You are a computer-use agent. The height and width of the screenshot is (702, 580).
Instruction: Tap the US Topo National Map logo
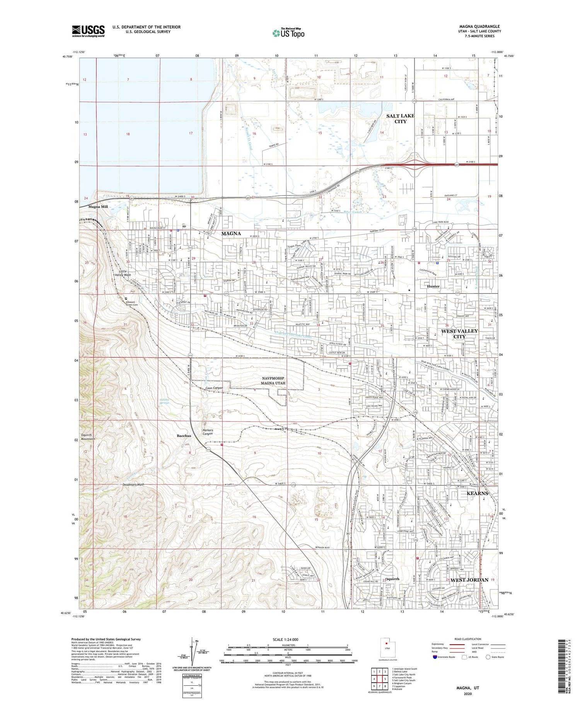(x=288, y=33)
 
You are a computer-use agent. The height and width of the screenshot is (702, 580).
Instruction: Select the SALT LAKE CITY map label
(x=400, y=118)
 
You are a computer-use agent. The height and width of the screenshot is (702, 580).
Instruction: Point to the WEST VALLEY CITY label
(x=459, y=334)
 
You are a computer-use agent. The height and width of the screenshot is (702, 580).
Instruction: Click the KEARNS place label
(x=477, y=493)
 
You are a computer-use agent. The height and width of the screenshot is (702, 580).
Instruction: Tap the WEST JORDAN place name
(x=469, y=580)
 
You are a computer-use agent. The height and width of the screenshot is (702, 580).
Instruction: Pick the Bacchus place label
(x=184, y=436)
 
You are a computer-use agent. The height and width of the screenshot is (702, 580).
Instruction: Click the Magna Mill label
(x=98, y=207)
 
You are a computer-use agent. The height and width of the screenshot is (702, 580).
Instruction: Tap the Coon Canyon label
(x=214, y=388)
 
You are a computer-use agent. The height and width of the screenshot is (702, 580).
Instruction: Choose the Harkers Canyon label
(x=208, y=432)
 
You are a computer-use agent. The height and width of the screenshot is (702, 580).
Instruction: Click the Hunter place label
(x=433, y=286)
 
